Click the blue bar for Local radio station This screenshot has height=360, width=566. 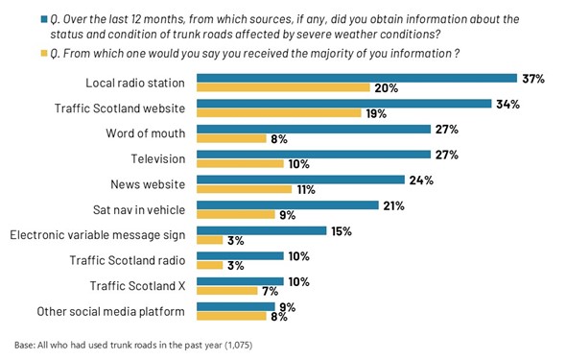(x=354, y=78)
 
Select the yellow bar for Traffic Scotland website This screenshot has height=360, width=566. (x=279, y=113)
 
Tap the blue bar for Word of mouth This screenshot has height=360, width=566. (x=313, y=129)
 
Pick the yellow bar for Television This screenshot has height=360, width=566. (x=240, y=164)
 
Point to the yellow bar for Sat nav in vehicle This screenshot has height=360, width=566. (x=236, y=216)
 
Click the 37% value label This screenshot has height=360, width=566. (x=532, y=78)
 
